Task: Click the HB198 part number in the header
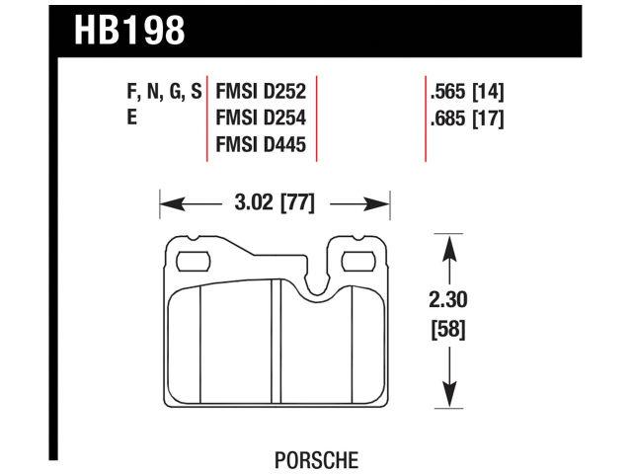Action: [x=128, y=32]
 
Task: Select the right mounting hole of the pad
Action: [x=356, y=262]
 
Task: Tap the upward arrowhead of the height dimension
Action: [x=449, y=246]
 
